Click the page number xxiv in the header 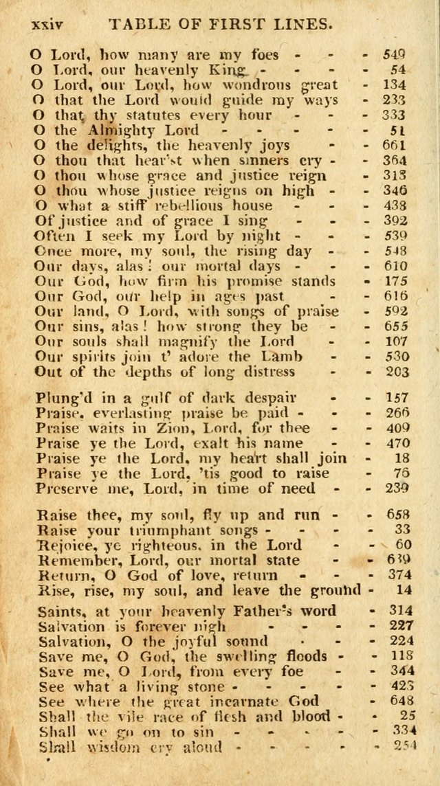[x=46, y=23]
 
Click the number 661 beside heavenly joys [x=395, y=145]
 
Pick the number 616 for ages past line [x=395, y=296]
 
